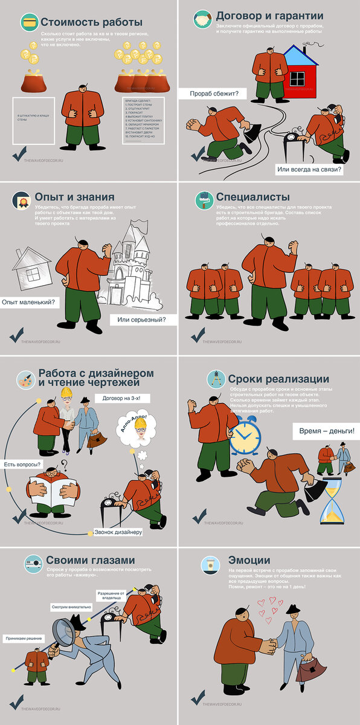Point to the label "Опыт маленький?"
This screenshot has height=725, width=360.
28,301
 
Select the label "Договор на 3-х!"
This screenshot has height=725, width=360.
121,398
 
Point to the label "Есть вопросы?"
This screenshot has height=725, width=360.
23,464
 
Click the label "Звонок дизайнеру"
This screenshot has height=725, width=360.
118,532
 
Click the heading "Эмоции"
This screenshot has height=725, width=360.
249,559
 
